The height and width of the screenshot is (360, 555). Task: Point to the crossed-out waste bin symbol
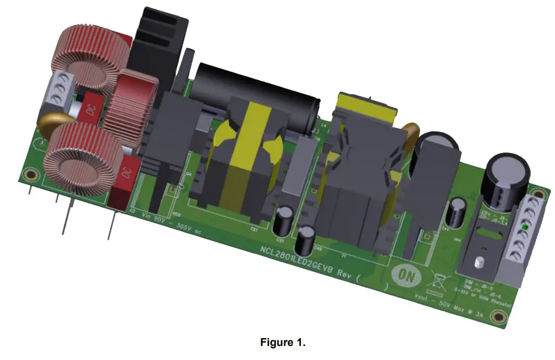click(435, 284)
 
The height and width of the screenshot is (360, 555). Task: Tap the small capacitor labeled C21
click(284, 219)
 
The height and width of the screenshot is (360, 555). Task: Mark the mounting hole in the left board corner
click(31, 174)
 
